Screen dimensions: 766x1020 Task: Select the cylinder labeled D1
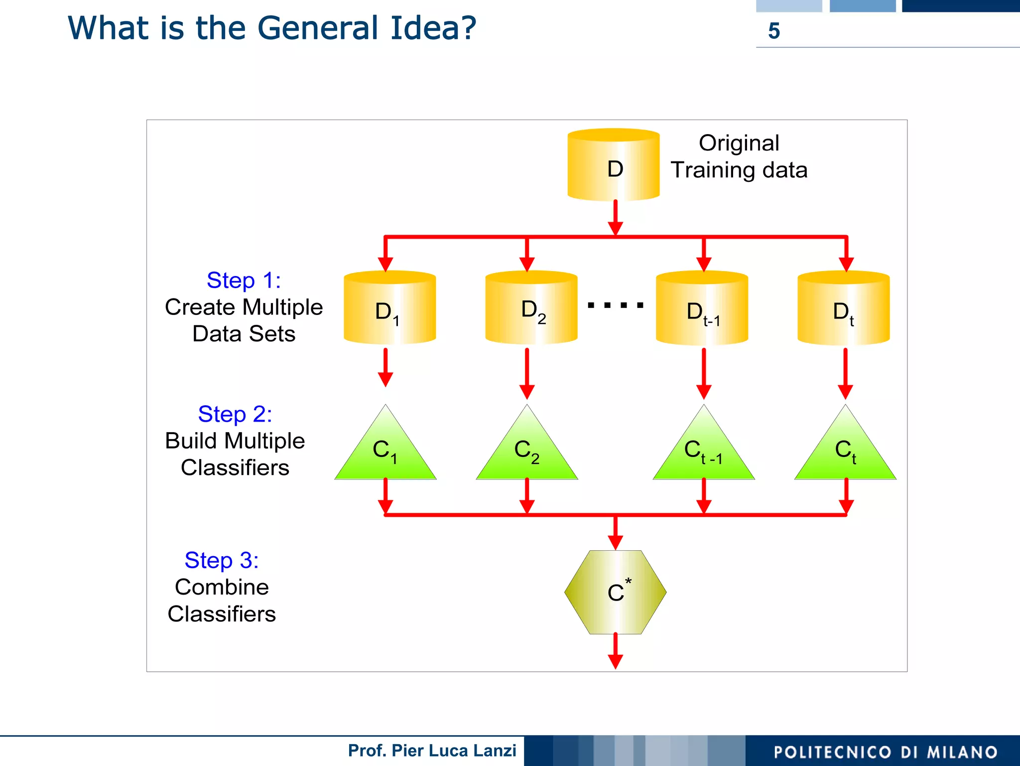(389, 309)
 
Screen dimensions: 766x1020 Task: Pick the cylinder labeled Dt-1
(702, 309)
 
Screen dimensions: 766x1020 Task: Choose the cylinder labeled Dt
(843, 309)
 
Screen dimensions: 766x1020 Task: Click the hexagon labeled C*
(615, 592)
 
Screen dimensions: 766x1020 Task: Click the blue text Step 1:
(244, 281)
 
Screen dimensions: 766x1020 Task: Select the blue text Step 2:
(235, 414)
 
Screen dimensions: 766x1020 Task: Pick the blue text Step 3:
(222, 560)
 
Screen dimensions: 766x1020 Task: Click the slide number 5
(774, 31)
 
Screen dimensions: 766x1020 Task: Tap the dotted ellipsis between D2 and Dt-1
(616, 305)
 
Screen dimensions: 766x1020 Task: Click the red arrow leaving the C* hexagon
(616, 651)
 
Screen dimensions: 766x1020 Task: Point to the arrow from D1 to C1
(385, 368)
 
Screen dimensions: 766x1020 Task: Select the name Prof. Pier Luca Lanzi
(432, 751)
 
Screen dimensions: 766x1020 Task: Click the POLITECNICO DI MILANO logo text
(886, 752)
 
